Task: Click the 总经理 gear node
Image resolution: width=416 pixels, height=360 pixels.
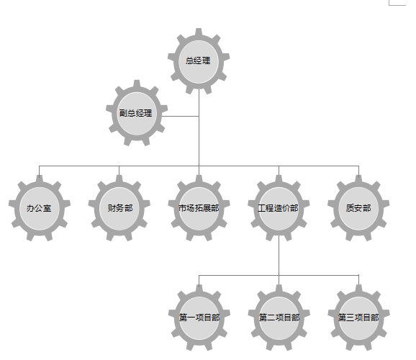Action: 199,61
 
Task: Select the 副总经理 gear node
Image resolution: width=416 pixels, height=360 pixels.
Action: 137,113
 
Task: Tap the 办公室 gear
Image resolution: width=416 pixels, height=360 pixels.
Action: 40,208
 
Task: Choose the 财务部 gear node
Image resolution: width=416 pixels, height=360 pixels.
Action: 119,208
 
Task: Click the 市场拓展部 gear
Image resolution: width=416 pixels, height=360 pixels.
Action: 199,208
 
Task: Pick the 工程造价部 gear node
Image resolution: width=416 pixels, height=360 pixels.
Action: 279,208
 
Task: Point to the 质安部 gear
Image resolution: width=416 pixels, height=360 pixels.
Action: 358,208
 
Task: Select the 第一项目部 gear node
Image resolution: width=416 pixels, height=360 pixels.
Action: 199,318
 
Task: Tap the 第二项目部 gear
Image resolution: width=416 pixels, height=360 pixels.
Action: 279,318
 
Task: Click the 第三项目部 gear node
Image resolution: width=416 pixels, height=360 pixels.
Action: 358,318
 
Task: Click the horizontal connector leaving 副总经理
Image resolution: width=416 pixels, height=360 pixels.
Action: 181,117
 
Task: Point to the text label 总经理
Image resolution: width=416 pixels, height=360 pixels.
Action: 198,60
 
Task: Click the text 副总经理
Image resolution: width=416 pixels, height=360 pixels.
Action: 135,113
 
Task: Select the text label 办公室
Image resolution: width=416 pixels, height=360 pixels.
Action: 39,208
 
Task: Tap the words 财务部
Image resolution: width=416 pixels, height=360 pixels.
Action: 120,208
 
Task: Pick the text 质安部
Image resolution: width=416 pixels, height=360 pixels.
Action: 358,208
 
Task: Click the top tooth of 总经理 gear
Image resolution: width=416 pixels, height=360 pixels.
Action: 199,32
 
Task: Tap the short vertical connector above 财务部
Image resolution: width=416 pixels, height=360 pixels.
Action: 119,171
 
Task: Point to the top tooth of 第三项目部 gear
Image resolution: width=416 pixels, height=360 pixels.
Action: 358,288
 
